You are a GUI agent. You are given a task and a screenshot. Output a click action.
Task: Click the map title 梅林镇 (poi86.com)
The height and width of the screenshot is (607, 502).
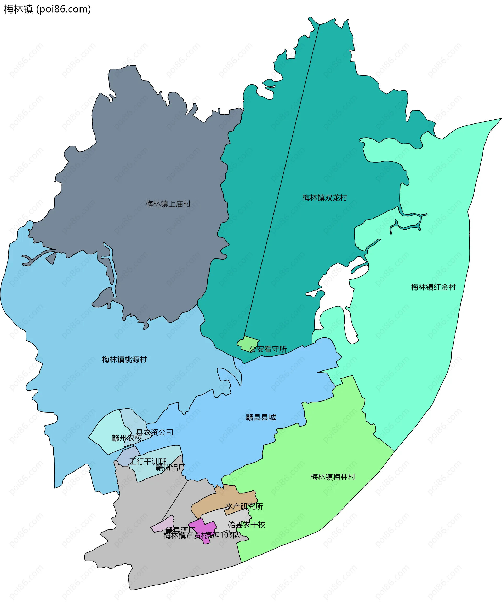(47, 9)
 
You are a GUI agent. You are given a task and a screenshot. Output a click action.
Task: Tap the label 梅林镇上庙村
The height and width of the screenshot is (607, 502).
(168, 204)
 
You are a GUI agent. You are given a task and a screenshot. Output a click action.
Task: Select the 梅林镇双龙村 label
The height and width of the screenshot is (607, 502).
(324, 198)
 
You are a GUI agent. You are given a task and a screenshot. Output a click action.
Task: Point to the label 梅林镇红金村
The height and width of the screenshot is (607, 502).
(433, 287)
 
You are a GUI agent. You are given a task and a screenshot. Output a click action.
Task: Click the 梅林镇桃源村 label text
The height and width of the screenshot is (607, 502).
(124, 360)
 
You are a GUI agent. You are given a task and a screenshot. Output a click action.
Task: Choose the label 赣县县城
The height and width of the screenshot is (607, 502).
(261, 417)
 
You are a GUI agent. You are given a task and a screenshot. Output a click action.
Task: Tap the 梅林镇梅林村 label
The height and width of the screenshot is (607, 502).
(333, 477)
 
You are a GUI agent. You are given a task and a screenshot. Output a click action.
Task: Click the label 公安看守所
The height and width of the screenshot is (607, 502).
(268, 349)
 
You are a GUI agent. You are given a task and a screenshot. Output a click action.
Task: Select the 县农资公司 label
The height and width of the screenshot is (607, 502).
(155, 432)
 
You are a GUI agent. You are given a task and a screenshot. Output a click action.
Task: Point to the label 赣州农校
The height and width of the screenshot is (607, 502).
(127, 438)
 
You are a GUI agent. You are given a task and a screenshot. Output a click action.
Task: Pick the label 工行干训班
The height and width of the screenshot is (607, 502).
(148, 462)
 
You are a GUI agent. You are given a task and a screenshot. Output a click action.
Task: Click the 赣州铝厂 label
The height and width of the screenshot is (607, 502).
(170, 467)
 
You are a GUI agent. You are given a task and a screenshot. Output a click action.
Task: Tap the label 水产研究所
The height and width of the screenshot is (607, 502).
(244, 506)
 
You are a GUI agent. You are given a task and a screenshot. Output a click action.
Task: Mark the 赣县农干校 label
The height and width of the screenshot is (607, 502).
(246, 525)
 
